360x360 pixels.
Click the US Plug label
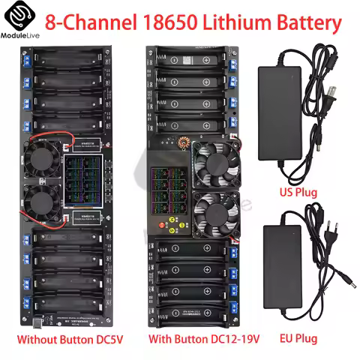(296, 193)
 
